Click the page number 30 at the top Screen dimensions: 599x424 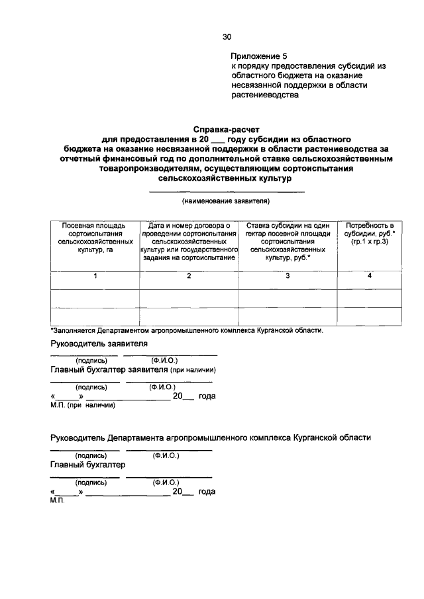click(x=227, y=37)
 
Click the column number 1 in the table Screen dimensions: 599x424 click(x=95, y=276)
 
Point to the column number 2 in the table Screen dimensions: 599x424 click(x=189, y=276)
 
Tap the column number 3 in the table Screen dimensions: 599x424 click(x=288, y=276)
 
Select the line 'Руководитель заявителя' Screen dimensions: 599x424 click(x=99, y=344)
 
